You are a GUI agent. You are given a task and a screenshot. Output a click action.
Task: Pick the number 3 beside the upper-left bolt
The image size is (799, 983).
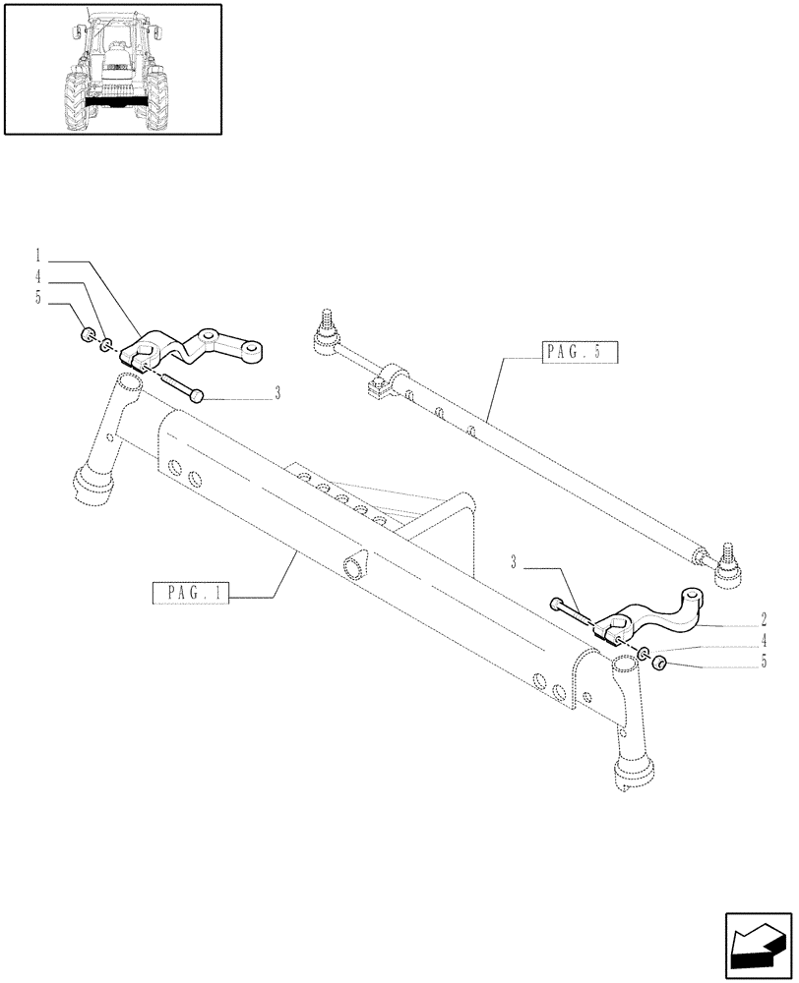click(x=277, y=395)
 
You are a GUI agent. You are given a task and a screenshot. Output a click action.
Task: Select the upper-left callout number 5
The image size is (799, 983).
click(x=40, y=298)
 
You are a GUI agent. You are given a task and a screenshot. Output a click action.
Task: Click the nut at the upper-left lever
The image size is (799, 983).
click(x=87, y=336)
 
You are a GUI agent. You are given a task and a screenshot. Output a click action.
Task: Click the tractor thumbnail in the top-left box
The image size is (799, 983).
click(x=112, y=68)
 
